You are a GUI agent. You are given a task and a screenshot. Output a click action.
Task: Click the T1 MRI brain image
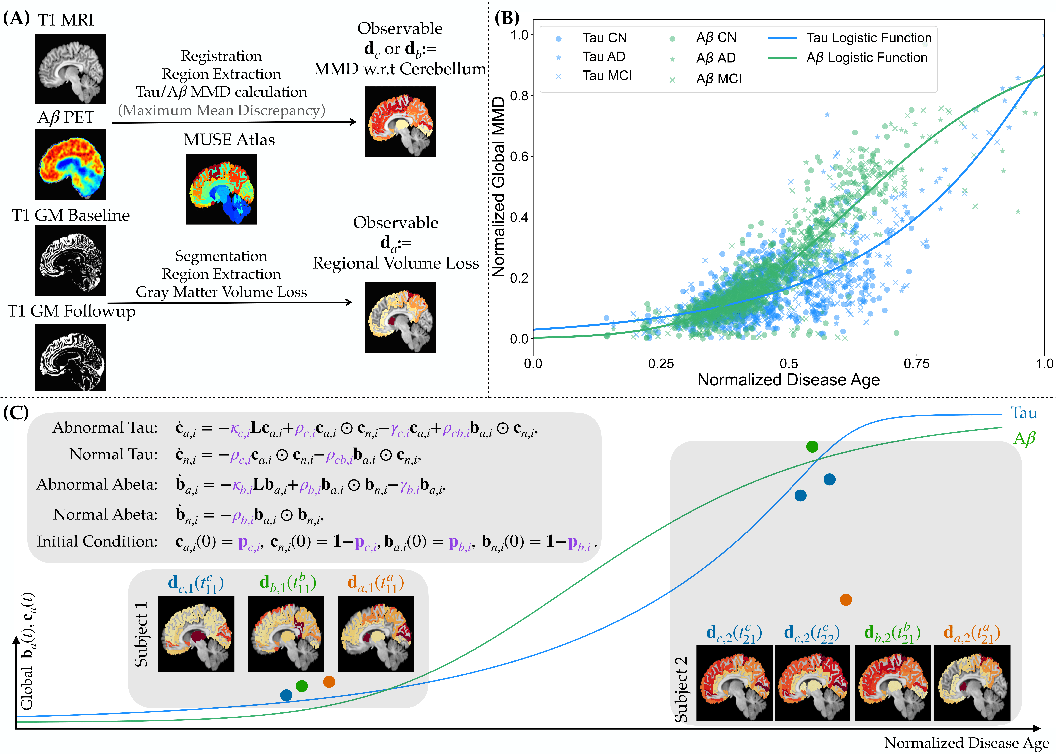pos(71,69)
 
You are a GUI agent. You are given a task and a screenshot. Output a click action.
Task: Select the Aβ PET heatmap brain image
pos(71,164)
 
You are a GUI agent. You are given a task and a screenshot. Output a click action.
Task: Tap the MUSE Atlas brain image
pos(222,189)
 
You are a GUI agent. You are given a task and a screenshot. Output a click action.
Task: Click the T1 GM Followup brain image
pos(71,357)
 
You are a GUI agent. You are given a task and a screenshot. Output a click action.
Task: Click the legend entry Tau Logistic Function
pos(868,38)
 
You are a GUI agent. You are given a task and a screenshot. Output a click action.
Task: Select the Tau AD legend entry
pos(604,57)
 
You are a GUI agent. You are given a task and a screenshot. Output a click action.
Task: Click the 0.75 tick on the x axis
pos(916,364)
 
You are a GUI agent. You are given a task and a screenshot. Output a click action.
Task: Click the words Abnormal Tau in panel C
pos(105,428)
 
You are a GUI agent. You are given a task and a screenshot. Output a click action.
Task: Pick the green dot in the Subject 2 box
pos(812,447)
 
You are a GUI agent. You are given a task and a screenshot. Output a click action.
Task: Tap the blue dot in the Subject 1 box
pos(286,695)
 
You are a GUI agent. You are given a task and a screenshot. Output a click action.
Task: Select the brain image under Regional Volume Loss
pos(400,318)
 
